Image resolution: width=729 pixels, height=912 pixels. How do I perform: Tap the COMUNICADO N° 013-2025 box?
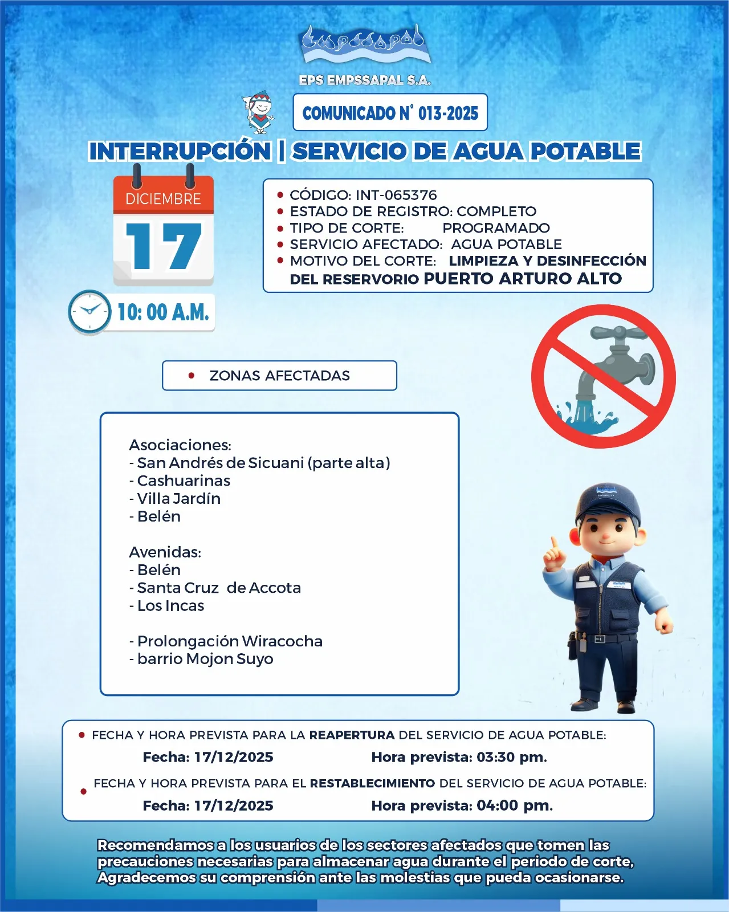click(x=390, y=113)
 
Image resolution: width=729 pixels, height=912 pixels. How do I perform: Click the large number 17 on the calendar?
click(x=164, y=246)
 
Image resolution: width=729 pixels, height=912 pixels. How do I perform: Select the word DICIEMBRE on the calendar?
click(x=163, y=199)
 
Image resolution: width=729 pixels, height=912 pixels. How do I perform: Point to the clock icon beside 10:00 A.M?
click(x=89, y=312)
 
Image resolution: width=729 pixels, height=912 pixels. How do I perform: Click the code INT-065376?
click(x=396, y=195)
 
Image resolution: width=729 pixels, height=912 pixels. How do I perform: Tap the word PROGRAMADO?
click(x=496, y=228)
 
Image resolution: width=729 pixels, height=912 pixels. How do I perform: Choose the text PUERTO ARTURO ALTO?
click(x=523, y=279)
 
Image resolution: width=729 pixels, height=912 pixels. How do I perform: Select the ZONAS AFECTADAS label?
click(x=279, y=376)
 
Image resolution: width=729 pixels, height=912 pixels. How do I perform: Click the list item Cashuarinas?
click(x=184, y=481)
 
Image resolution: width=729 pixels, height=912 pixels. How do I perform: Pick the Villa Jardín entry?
click(x=178, y=499)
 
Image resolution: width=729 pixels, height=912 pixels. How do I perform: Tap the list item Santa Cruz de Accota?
click(x=219, y=588)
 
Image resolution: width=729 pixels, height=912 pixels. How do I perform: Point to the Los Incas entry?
click(x=170, y=606)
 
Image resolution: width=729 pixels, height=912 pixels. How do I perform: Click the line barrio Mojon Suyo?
click(x=205, y=659)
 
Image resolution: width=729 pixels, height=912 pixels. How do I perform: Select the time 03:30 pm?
click(x=511, y=757)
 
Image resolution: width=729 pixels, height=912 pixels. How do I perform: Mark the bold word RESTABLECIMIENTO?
click(x=372, y=783)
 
